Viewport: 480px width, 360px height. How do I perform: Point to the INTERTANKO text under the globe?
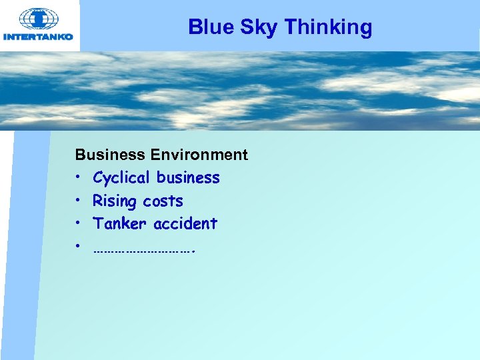tap(39, 37)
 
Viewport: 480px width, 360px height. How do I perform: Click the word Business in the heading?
tap(110, 155)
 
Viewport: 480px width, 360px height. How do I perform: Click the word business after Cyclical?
tap(188, 178)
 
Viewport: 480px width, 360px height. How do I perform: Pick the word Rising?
tap(112, 201)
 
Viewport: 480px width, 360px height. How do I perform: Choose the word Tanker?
tap(121, 223)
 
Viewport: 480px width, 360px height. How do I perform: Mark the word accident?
tap(185, 223)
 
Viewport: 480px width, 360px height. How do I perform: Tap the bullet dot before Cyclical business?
tap(78, 178)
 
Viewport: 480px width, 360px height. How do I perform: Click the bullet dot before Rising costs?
tap(78, 201)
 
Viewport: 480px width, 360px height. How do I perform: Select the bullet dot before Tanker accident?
tap(78, 223)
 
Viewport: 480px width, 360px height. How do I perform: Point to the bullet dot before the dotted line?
tap(78, 247)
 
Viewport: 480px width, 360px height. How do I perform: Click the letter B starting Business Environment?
tap(80, 155)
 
